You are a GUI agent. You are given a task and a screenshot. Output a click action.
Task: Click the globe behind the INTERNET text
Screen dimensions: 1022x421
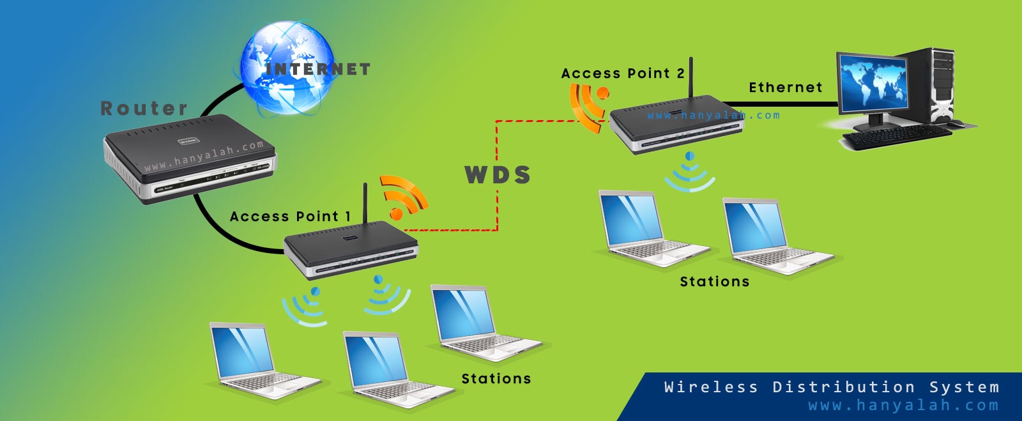click(287, 67)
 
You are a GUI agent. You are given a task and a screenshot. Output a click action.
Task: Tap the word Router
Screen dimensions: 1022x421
click(144, 109)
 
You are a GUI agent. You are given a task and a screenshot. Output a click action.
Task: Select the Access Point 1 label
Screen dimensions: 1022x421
click(290, 217)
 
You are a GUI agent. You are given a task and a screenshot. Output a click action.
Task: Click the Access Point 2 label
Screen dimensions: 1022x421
click(622, 74)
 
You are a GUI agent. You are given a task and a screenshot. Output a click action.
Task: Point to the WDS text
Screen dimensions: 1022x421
click(498, 175)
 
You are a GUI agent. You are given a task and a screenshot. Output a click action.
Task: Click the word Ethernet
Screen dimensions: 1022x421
click(785, 88)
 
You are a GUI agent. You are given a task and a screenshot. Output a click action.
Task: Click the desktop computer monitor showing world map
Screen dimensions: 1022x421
click(872, 83)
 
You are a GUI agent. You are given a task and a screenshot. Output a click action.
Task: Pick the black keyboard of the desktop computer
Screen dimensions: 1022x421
click(897, 136)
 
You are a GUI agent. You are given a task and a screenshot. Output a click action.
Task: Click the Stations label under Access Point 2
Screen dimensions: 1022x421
click(714, 282)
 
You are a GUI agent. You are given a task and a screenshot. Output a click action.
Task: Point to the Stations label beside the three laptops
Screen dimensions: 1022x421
click(496, 379)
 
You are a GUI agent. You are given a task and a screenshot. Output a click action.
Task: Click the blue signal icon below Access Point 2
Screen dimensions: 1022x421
click(689, 172)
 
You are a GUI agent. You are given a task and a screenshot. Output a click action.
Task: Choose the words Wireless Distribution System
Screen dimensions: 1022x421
click(831, 387)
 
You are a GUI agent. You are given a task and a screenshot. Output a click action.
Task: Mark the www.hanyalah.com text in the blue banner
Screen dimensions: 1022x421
click(903, 406)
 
